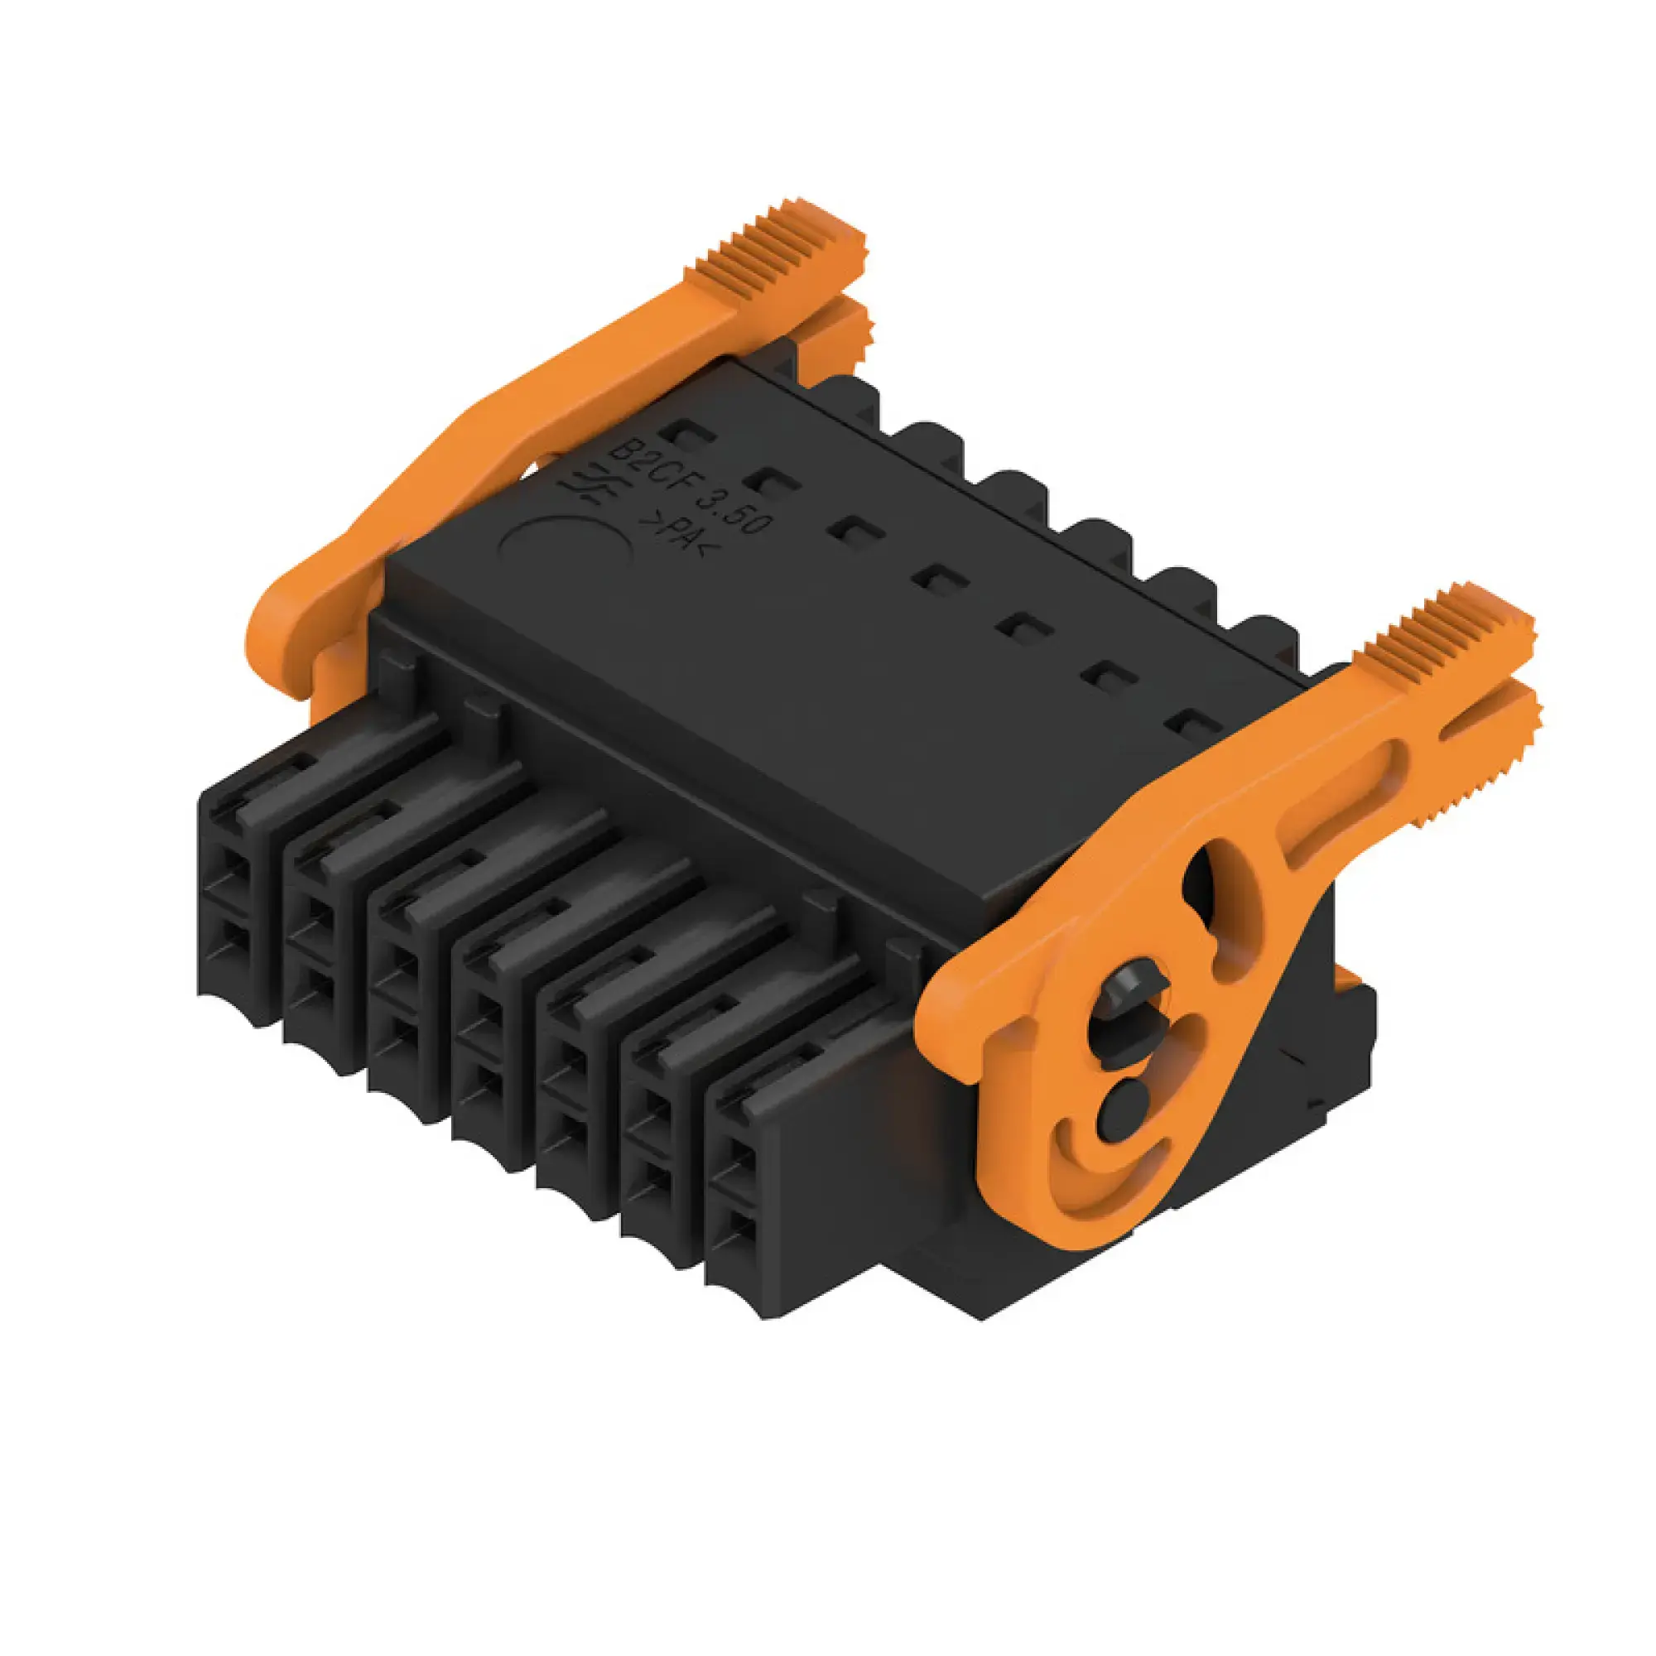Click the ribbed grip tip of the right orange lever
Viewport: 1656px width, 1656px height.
point(1448,634)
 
